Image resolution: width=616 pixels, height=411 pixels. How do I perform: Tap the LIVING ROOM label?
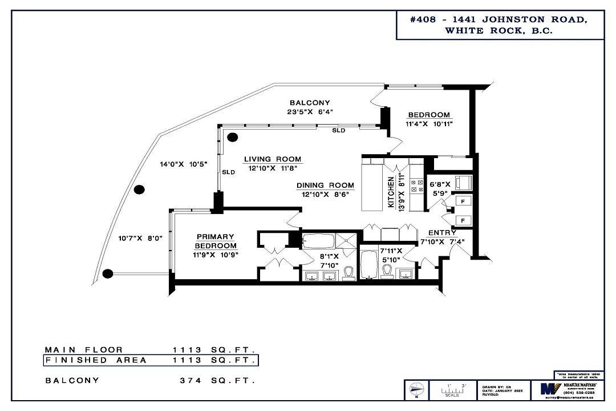point(273,159)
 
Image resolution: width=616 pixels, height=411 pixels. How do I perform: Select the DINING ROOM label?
point(325,186)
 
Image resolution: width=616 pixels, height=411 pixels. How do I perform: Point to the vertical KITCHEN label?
point(391,193)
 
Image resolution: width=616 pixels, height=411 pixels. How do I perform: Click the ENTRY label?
point(442,233)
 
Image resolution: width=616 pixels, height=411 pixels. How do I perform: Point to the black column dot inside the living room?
point(233,137)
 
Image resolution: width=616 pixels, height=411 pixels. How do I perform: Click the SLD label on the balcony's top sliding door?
point(339,130)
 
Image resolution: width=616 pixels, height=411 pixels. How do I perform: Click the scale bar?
point(452,390)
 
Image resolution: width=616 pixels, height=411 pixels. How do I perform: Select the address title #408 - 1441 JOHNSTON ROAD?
point(499,19)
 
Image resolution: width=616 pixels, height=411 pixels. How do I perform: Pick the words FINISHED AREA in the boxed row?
point(96,360)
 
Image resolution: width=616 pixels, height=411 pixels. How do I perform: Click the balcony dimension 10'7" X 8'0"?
point(140,239)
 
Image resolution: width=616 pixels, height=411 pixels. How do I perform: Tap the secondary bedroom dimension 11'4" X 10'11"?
point(429,123)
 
